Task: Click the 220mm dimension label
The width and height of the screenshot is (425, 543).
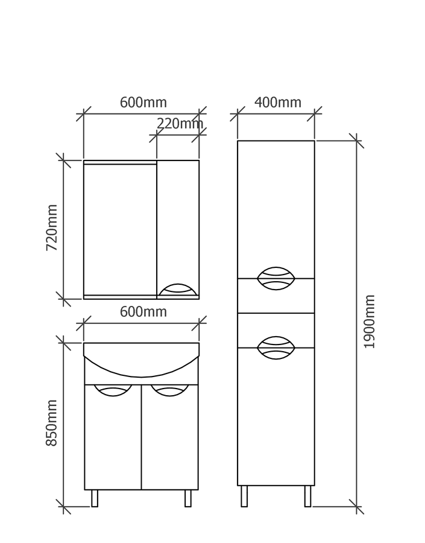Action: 179,124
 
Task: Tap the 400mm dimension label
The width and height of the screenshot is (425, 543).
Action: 277,103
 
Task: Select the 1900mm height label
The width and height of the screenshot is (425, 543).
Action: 370,321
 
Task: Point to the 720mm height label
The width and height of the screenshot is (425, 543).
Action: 52,227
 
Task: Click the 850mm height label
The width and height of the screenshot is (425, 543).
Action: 52,422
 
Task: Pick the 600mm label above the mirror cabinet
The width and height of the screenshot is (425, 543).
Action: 143,103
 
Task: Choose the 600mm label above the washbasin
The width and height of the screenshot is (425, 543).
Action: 143,312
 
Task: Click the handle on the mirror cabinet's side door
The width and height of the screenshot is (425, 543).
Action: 177,290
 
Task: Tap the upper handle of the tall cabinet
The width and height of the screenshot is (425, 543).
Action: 276,278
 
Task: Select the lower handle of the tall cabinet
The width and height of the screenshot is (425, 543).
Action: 276,348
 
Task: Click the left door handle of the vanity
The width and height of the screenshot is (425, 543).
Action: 113,390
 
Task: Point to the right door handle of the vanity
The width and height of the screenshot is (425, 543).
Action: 169,390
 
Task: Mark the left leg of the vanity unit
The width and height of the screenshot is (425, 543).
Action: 95,498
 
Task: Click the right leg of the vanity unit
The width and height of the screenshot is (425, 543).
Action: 188,498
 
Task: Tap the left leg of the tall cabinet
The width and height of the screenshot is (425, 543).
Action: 244,496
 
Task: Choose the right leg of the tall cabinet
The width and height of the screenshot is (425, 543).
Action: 307,496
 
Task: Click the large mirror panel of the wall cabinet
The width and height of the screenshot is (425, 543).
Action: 120,229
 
